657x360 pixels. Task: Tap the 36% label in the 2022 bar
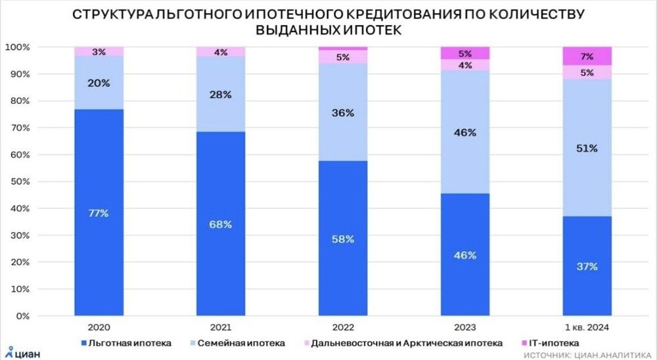pos(343,112)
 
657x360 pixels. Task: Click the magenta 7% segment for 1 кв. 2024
pos(587,56)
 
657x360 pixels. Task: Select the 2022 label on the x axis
pos(342,326)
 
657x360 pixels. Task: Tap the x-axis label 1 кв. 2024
pos(587,326)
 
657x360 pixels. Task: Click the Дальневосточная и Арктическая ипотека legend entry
pos(401,342)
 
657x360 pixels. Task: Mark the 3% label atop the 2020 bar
pos(99,52)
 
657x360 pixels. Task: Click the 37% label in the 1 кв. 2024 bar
pos(587,266)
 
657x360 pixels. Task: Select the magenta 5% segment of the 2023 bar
pos(465,53)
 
